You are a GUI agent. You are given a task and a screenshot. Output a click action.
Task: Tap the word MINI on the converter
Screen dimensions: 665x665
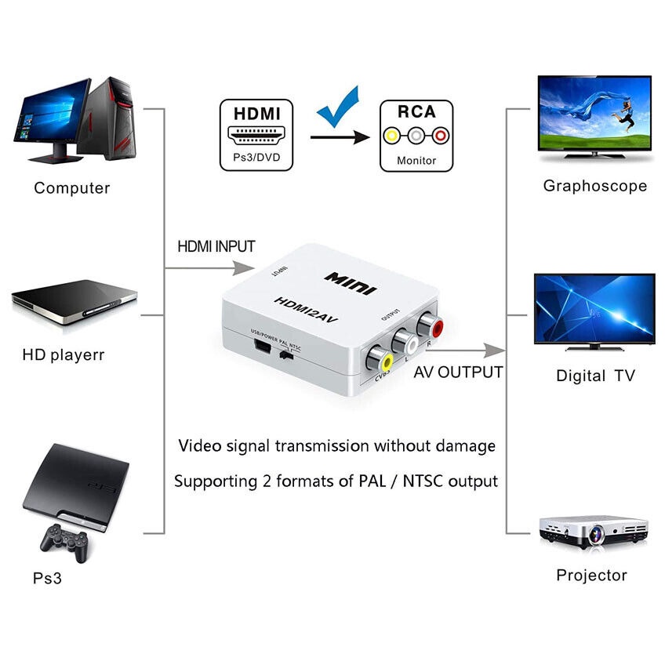[351, 282]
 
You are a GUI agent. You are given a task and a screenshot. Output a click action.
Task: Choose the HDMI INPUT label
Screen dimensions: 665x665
[216, 246]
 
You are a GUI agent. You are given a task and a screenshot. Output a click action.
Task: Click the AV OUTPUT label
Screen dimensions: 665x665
[458, 372]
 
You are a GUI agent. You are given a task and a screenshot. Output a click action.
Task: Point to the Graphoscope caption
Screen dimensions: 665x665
[594, 186]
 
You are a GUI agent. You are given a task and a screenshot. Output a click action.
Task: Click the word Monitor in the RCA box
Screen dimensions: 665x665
[416, 161]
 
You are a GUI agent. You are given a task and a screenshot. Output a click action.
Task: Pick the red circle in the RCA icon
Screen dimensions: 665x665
[440, 136]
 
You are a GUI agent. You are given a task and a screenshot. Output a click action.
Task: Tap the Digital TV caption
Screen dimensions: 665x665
[594, 376]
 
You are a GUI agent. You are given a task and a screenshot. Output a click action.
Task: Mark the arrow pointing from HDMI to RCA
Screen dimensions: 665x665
[339, 137]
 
